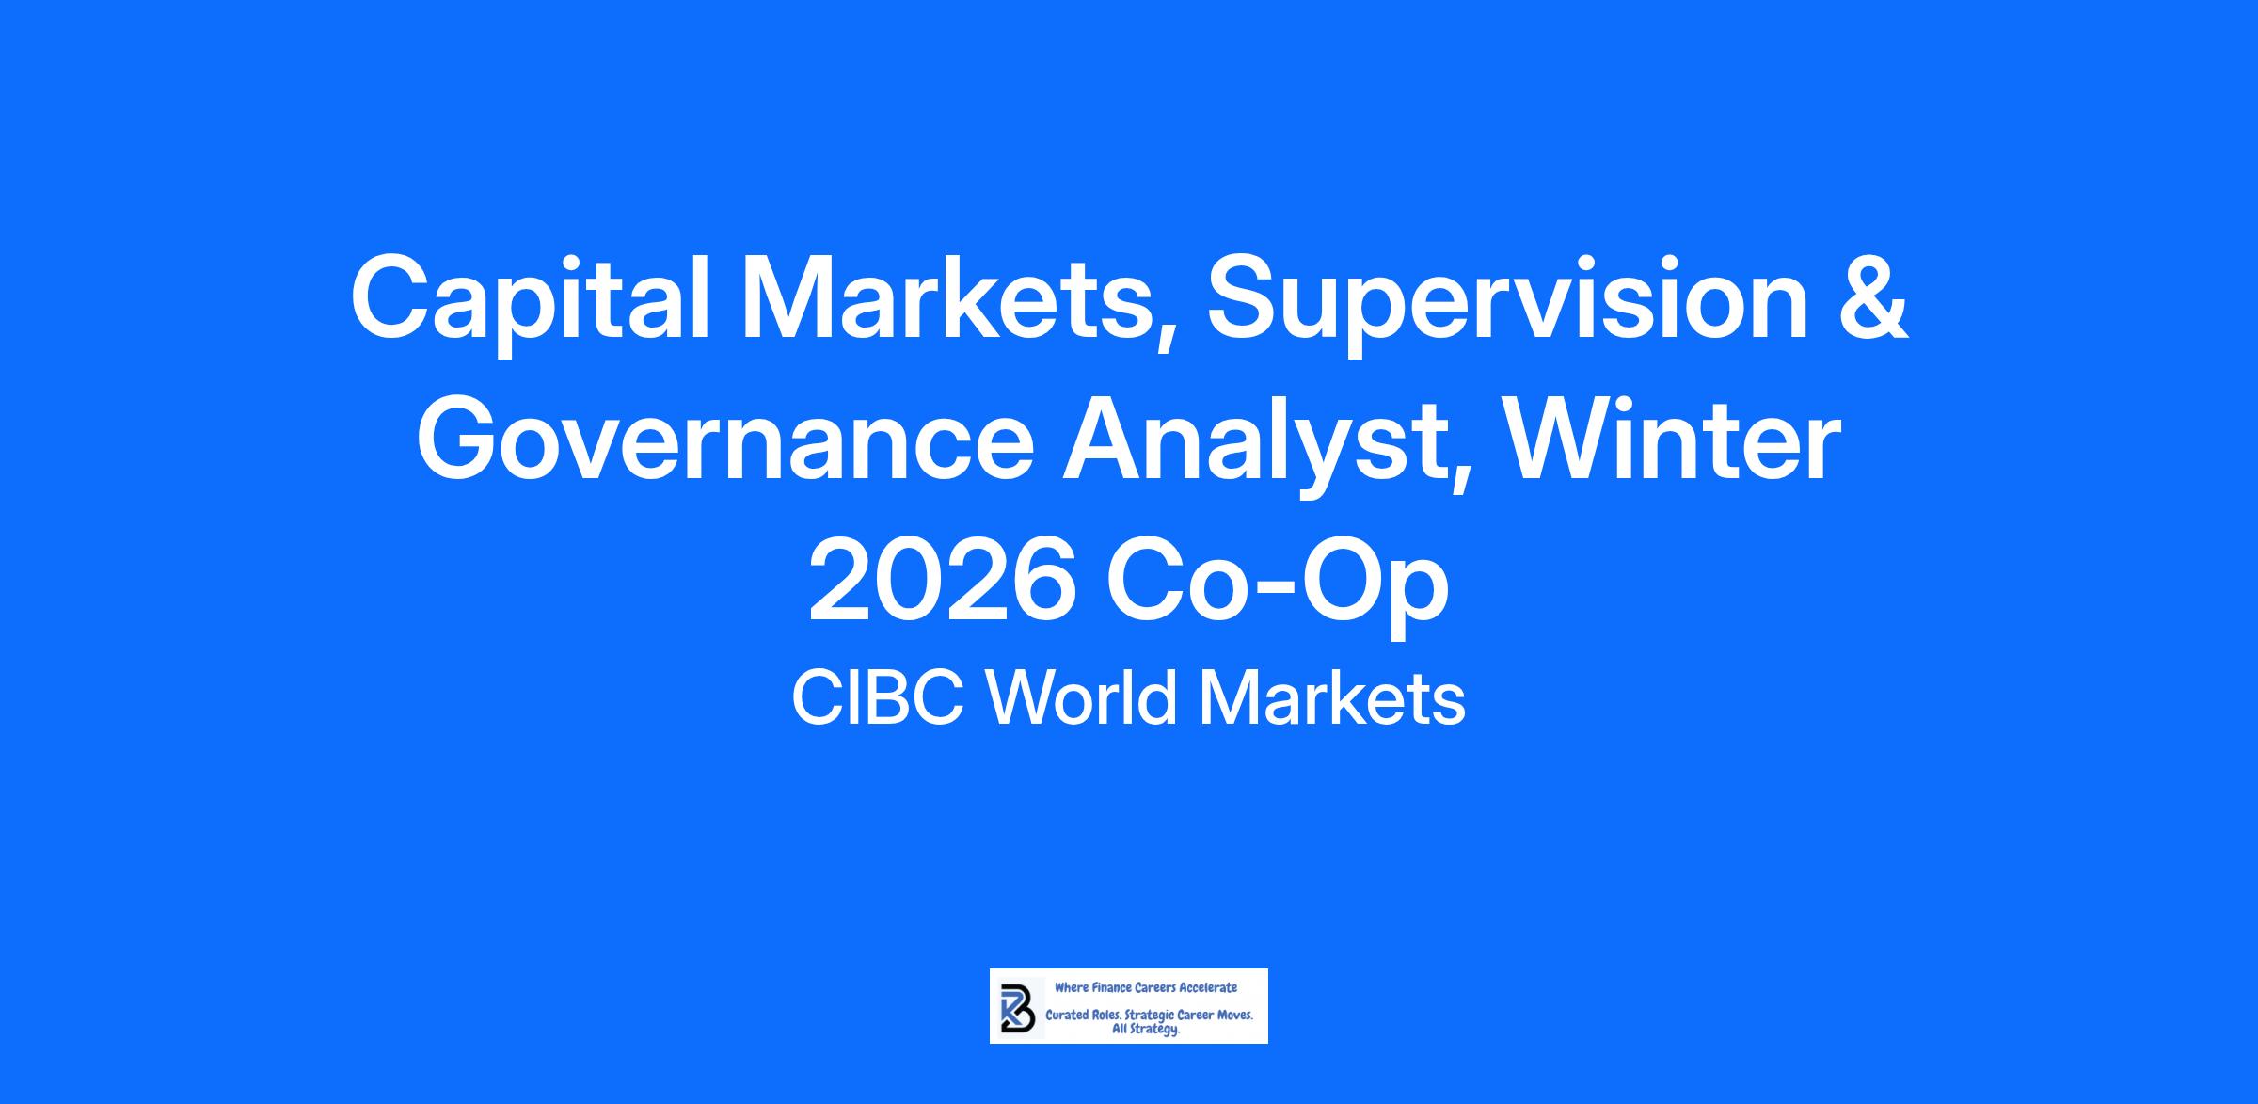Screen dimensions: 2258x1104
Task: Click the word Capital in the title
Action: pyautogui.click(x=530, y=300)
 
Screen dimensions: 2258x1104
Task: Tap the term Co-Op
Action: pyautogui.click(x=1278, y=588)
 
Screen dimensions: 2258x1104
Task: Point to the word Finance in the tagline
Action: pyautogui.click(x=1110, y=988)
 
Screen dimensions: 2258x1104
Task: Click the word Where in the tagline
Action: pyautogui.click(x=1071, y=988)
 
